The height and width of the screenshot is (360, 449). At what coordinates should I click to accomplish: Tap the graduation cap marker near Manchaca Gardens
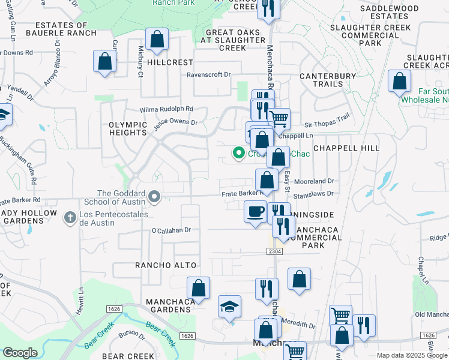tap(229, 307)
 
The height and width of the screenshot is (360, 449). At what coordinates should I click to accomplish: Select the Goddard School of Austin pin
tap(155, 196)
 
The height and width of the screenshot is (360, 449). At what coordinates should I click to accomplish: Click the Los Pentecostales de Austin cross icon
tap(70, 217)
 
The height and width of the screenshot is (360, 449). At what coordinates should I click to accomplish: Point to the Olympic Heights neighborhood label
tap(128, 129)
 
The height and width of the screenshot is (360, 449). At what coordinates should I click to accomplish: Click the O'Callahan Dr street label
tap(171, 230)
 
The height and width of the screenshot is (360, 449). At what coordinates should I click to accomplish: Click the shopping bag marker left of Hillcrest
tap(104, 61)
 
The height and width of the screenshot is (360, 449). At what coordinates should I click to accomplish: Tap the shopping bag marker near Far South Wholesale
tap(399, 82)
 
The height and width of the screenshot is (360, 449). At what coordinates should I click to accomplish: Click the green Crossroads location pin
tap(239, 154)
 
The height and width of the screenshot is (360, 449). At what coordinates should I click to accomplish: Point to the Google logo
tap(20, 353)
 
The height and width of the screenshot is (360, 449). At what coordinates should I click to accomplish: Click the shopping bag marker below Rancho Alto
tap(198, 288)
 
